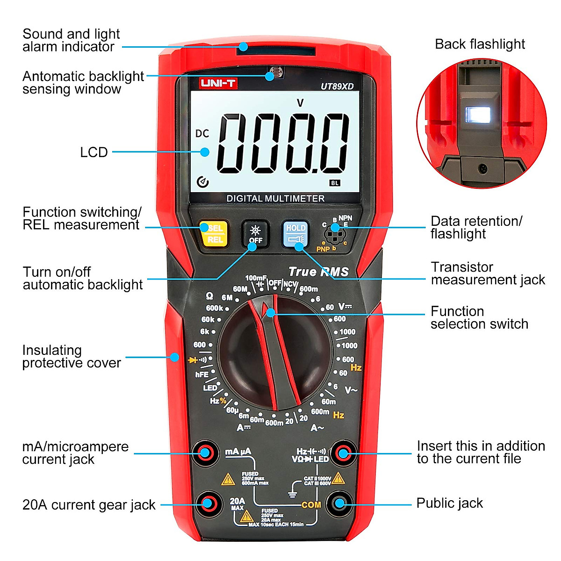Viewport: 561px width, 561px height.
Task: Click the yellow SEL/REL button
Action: (x=214, y=234)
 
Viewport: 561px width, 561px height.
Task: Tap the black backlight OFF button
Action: (x=255, y=234)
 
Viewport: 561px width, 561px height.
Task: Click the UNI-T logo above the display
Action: (x=218, y=84)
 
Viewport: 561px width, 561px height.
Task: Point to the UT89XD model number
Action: (x=337, y=86)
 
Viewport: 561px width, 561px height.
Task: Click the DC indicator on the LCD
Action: (x=202, y=134)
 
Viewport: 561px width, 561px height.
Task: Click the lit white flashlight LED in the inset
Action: (x=478, y=114)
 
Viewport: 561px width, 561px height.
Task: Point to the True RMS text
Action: (x=318, y=272)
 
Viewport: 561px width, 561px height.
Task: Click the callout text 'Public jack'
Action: (x=449, y=503)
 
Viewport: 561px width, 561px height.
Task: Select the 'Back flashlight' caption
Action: (x=480, y=44)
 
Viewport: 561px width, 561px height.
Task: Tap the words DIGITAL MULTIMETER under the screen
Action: (x=275, y=199)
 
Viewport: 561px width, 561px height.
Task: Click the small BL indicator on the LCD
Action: (x=335, y=183)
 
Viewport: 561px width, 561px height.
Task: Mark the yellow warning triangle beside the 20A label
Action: (x=246, y=517)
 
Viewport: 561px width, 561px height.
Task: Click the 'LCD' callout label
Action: (x=94, y=152)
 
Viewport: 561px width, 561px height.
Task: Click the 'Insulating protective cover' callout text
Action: (x=72, y=357)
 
